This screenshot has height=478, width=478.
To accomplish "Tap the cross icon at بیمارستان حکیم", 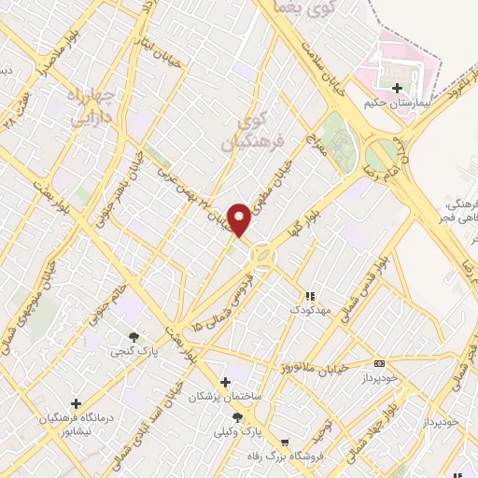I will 397,88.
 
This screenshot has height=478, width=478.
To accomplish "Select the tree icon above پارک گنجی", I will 134,337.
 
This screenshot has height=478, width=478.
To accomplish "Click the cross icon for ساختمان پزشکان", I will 224,382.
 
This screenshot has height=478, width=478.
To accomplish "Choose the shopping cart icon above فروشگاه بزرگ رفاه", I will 284,443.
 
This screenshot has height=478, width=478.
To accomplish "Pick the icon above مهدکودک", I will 308,296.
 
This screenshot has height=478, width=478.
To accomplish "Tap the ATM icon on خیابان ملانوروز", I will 378,363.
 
